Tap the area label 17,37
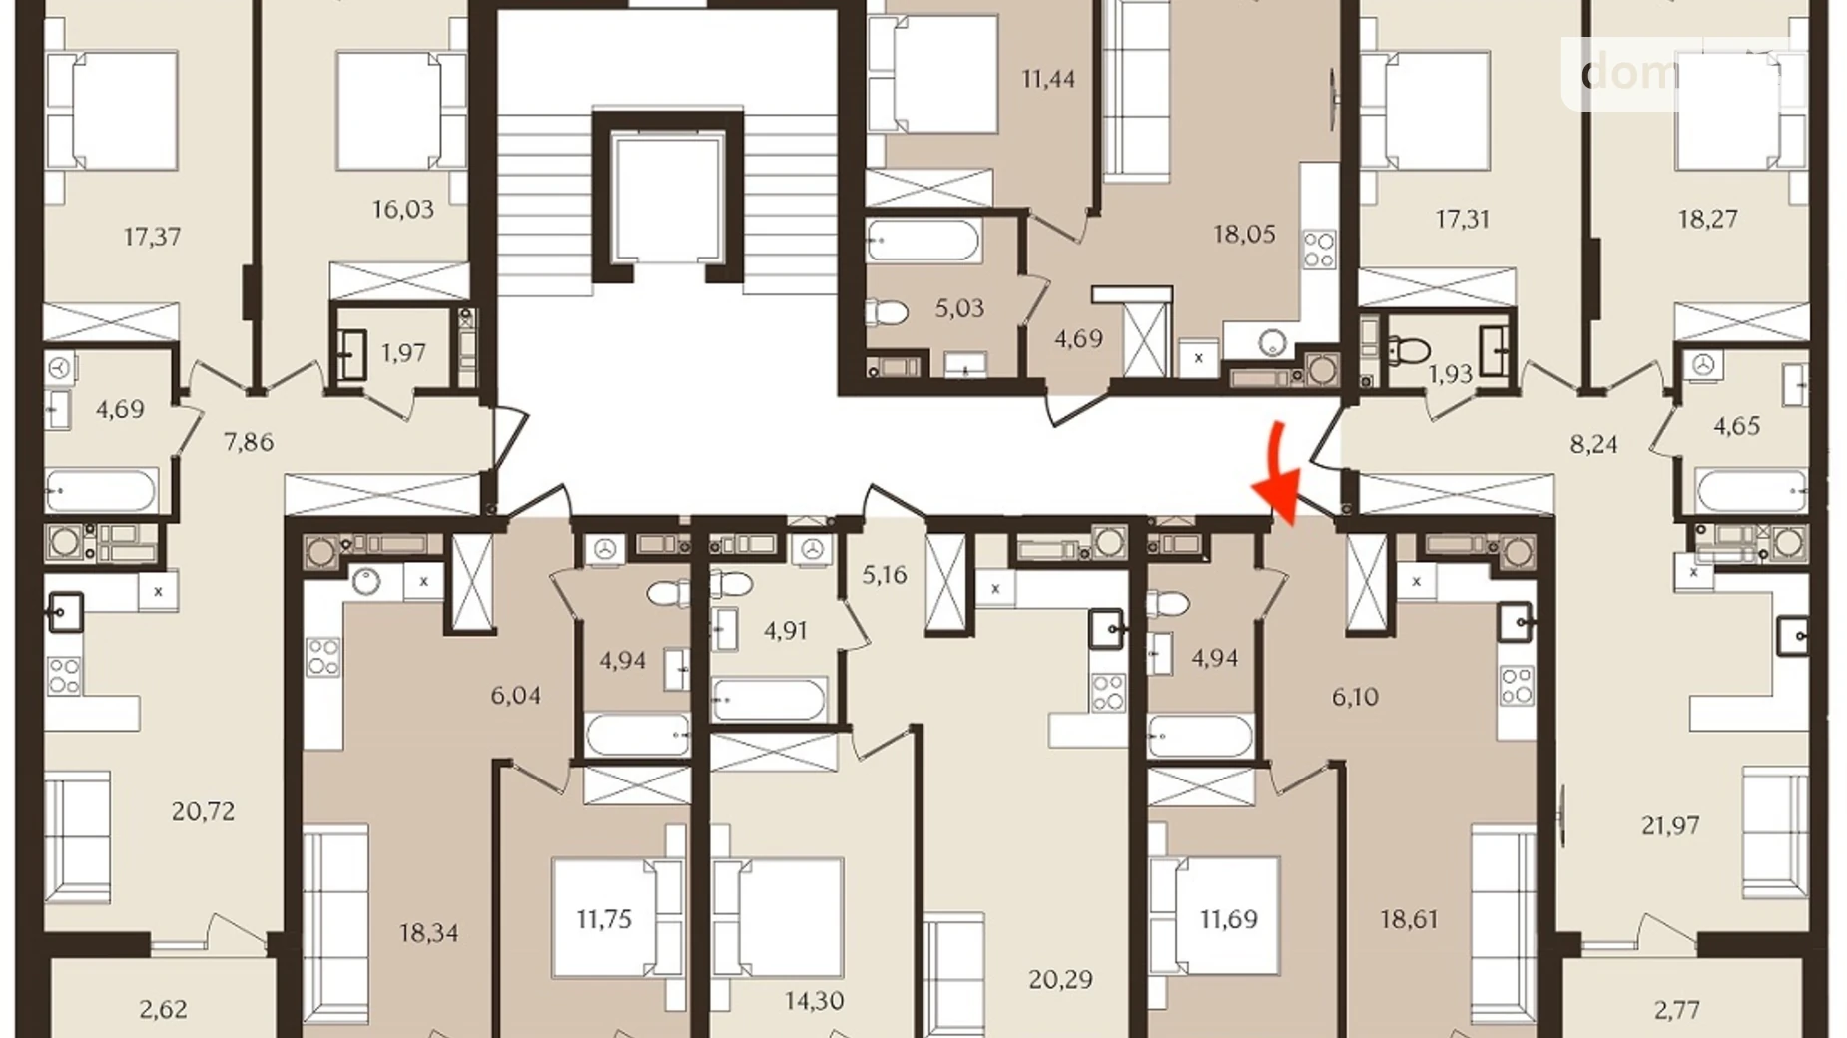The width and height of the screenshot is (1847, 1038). coord(152,237)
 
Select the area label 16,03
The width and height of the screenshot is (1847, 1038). coord(402,209)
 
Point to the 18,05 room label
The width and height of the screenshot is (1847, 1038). coord(1244,234)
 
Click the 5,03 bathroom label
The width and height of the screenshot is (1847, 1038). coord(958,308)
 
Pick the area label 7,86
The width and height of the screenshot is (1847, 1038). coord(248,441)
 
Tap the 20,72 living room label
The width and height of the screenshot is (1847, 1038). coord(203,811)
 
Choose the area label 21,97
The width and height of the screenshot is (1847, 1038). coord(1669,825)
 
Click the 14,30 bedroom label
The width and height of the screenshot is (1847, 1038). coord(814,1000)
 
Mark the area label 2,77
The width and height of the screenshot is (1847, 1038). coord(1676,1010)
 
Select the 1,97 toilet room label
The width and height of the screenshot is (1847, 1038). coord(403,352)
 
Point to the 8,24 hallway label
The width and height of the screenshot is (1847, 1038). coord(1593,444)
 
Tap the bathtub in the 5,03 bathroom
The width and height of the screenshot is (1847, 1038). coord(923,241)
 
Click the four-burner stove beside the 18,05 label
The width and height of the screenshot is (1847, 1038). coord(1319,250)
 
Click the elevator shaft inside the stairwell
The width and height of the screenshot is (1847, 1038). coord(667,195)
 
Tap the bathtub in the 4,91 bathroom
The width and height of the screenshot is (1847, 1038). coord(768,700)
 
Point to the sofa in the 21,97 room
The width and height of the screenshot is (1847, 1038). coord(1775,832)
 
